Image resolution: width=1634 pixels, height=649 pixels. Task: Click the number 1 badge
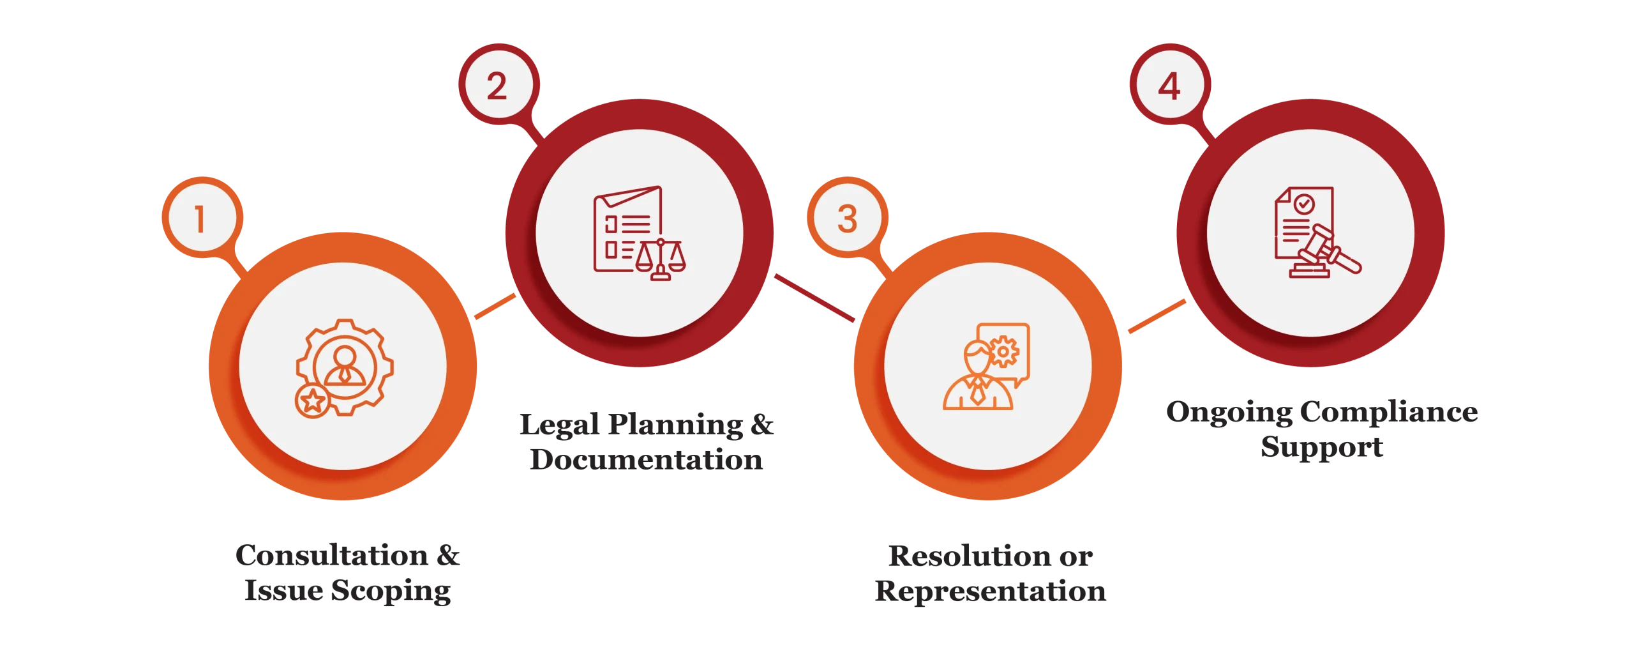(202, 217)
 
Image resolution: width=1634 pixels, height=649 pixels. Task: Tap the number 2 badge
(498, 84)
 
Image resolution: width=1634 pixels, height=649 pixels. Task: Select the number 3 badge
(848, 217)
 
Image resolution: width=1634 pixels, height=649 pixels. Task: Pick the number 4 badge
(1170, 84)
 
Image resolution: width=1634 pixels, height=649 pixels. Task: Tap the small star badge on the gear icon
(313, 401)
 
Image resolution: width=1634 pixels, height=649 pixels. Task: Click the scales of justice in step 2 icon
(661, 259)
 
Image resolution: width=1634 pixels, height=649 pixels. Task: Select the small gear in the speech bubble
(1003, 351)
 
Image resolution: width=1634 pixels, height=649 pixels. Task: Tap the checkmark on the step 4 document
(1303, 204)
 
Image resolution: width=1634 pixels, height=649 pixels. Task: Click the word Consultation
(332, 554)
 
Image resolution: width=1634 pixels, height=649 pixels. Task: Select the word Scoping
(391, 591)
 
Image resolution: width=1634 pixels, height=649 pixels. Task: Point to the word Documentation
(647, 459)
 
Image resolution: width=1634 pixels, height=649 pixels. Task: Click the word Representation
(991, 592)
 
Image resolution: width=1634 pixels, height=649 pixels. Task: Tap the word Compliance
(1389, 412)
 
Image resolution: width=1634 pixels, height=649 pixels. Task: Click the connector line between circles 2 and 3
(814, 298)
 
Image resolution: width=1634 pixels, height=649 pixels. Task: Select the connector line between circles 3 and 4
(1157, 316)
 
